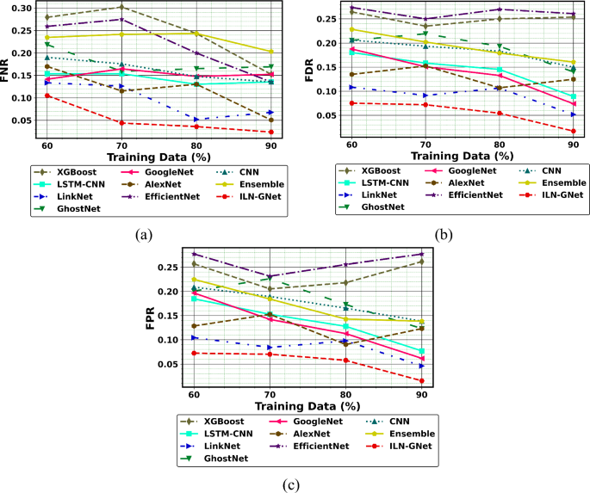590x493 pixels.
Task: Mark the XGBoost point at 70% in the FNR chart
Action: coord(122,8)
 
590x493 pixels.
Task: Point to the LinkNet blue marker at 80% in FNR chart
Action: coord(197,120)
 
